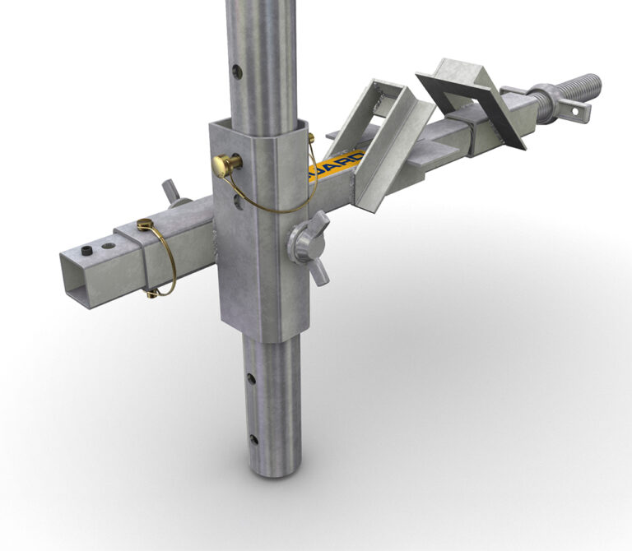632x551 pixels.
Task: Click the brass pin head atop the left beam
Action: (146, 224)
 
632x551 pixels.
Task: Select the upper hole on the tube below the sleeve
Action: (251, 379)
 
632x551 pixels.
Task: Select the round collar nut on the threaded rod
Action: (546, 97)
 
